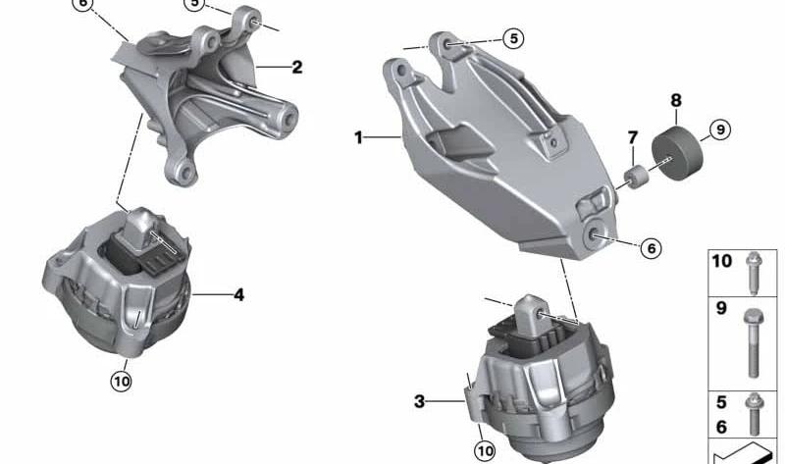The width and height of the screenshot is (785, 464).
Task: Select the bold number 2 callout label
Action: pos(296,68)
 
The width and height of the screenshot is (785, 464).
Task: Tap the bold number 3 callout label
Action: pos(419,401)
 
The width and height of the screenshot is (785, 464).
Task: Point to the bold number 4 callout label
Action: pos(238,293)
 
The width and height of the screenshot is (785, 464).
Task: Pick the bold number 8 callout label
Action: pos(675,100)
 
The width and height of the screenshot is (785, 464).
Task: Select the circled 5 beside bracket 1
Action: pos(513,38)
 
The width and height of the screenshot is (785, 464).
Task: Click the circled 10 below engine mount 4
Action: pos(121,379)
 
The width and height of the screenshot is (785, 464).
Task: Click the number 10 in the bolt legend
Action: pos(721,262)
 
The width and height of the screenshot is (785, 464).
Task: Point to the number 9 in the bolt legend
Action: pos(720,309)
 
